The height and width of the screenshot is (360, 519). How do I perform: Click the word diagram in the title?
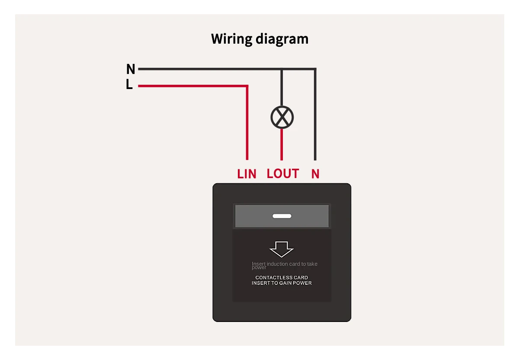pos(282,39)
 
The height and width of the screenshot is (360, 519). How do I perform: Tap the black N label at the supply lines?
pos(131,69)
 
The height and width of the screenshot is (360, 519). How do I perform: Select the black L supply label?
pos(129,84)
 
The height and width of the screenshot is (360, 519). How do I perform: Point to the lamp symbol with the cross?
pos(282,118)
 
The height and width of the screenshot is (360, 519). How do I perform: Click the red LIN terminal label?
pos(247,174)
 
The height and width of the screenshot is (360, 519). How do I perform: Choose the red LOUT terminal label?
pos(283,173)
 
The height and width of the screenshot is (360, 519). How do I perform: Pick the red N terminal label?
pos(315,174)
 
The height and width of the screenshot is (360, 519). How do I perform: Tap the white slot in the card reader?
pos(282,216)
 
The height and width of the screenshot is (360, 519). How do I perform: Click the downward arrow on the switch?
pos(282,249)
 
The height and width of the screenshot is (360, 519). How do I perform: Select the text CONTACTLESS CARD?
pos(282,277)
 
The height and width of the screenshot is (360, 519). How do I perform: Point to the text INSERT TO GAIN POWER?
pos(282,283)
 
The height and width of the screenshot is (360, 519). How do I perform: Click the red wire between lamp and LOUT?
pos(282,144)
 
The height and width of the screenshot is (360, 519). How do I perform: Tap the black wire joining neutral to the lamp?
pos(282,87)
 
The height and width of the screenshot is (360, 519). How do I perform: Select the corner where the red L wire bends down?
pos(247,86)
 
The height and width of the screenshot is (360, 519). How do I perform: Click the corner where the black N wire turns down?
pos(315,69)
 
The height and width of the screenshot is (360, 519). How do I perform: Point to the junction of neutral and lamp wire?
pos(282,69)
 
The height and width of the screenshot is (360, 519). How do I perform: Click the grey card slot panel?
pos(282,216)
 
